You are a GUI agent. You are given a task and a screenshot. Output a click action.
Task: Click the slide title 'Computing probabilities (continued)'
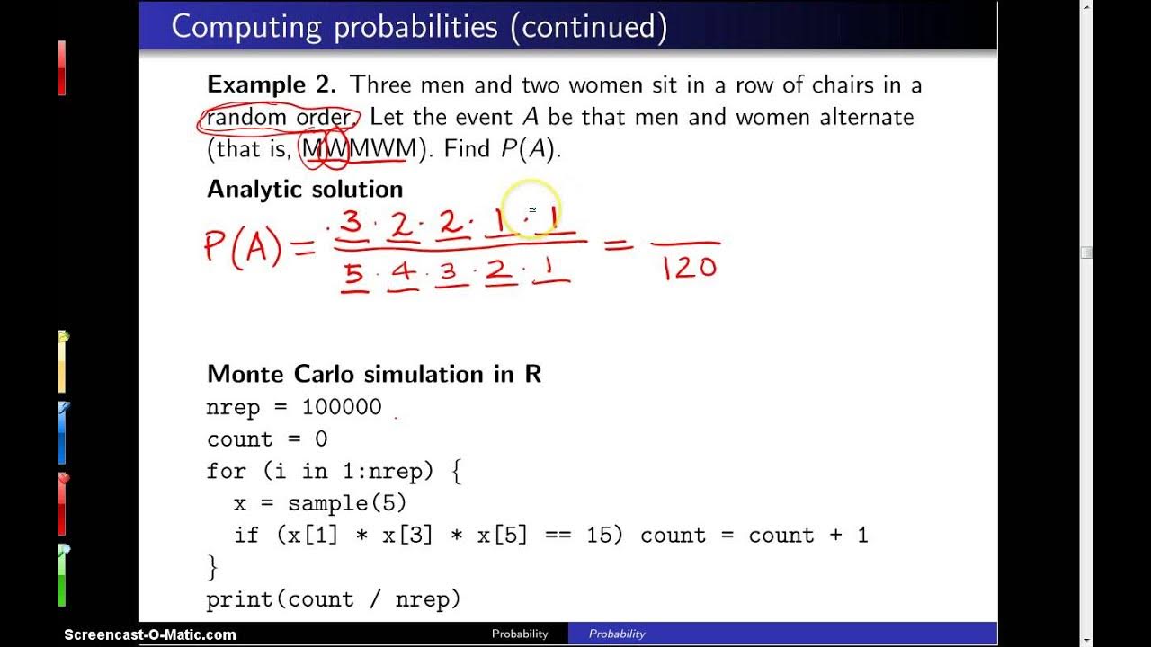pyautogui.click(x=419, y=27)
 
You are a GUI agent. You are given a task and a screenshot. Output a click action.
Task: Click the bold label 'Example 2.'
pyautogui.click(x=272, y=85)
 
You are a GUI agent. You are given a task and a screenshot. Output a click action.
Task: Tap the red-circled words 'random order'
pyautogui.click(x=279, y=118)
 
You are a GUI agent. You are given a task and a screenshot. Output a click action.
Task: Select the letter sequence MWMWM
pyautogui.click(x=359, y=149)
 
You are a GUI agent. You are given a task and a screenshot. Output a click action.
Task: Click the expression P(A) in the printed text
pyautogui.click(x=530, y=149)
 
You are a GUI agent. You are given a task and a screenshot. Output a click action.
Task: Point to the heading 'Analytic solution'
pyautogui.click(x=305, y=190)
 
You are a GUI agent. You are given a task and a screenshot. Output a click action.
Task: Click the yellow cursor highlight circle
pyautogui.click(x=531, y=209)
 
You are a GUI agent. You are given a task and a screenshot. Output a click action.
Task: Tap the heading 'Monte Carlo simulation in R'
pyautogui.click(x=374, y=375)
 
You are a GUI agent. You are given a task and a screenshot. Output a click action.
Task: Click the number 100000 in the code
pyautogui.click(x=342, y=407)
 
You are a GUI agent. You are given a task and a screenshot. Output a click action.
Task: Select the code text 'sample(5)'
pyautogui.click(x=347, y=503)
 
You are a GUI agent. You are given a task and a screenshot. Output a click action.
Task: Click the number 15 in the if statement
pyautogui.click(x=599, y=536)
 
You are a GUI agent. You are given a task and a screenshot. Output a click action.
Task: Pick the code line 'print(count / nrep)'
pyautogui.click(x=333, y=599)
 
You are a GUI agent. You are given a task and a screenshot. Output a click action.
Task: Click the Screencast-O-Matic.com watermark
pyautogui.click(x=150, y=634)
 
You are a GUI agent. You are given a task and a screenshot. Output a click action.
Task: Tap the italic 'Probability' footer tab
pyautogui.click(x=617, y=634)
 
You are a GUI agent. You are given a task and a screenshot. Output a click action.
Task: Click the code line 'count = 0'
pyautogui.click(x=267, y=439)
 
